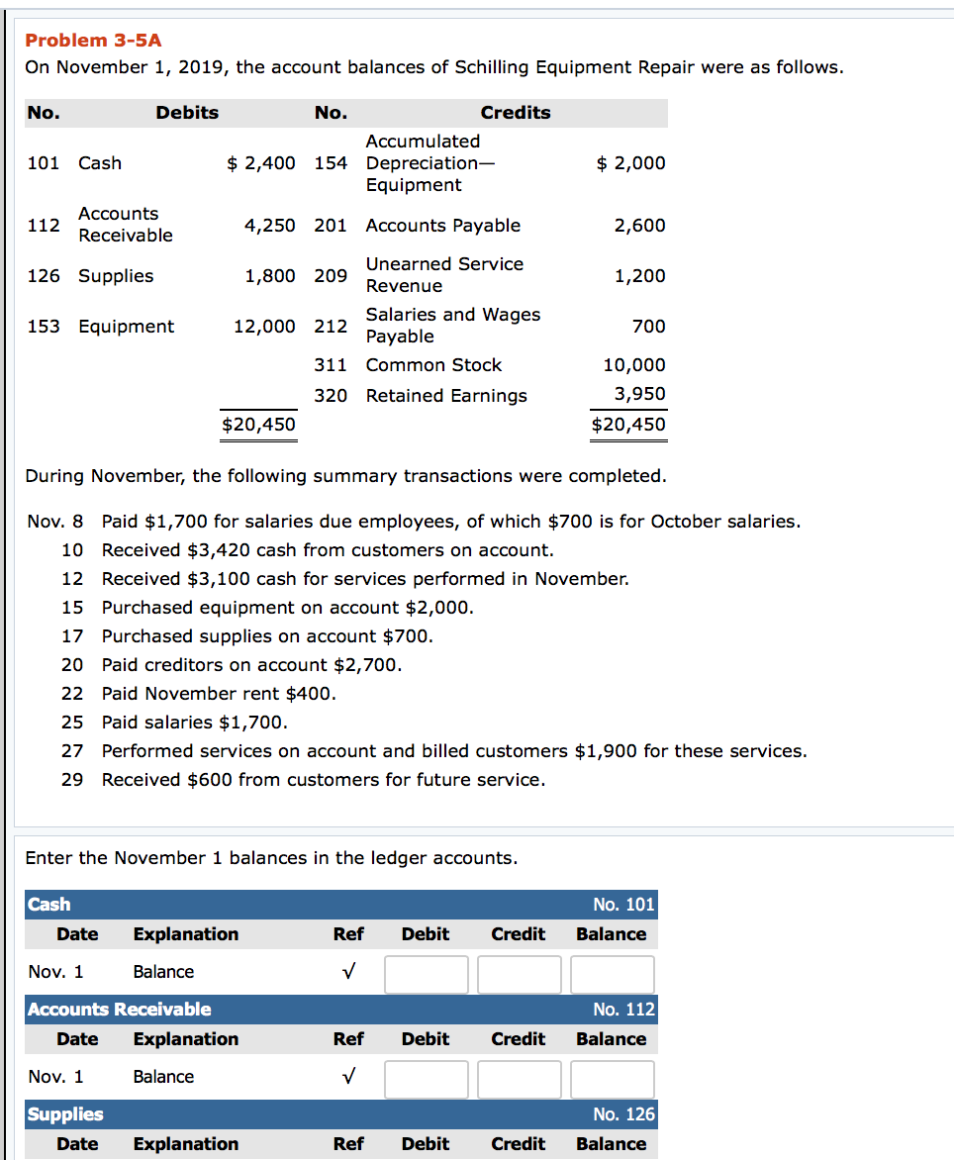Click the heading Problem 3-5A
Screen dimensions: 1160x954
click(93, 41)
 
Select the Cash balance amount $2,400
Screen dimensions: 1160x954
click(261, 163)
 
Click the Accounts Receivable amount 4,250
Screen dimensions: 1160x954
click(269, 226)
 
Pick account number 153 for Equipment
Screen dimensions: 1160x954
click(44, 327)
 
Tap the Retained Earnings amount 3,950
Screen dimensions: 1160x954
click(639, 394)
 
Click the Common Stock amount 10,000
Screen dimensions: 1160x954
click(634, 365)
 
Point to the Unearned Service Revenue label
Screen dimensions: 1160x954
click(444, 275)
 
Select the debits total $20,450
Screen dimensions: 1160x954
click(258, 425)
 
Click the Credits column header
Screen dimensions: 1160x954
click(515, 113)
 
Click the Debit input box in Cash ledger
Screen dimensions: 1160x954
click(427, 974)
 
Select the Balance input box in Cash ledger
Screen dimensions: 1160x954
click(612, 974)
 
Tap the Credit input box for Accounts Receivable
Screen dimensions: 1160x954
click(519, 1079)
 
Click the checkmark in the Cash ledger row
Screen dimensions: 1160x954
click(347, 973)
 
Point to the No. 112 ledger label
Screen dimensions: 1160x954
click(623, 1010)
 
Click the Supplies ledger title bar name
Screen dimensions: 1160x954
click(65, 1114)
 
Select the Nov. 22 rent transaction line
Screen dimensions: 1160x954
click(219, 694)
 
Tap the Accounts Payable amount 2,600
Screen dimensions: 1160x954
click(639, 226)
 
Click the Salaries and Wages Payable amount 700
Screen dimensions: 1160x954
click(648, 327)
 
